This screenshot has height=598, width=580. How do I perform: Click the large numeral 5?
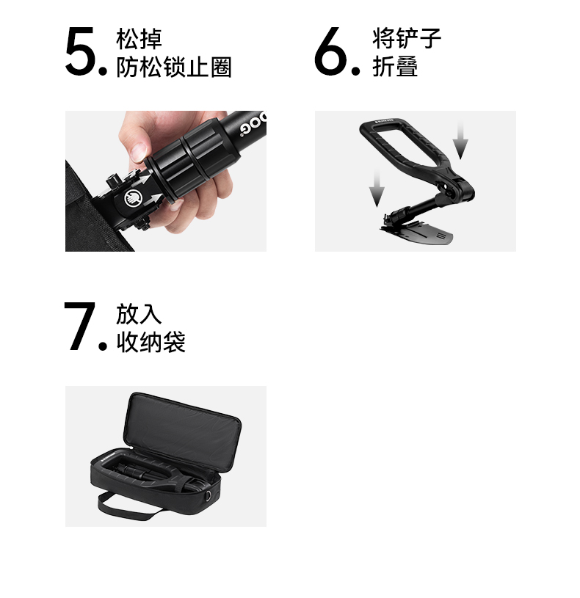(x=81, y=51)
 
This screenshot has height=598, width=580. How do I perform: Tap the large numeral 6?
(x=330, y=51)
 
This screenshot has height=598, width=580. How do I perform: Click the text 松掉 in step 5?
(x=139, y=38)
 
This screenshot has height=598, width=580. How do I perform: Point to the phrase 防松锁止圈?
(x=174, y=67)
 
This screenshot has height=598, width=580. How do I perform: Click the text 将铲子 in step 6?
(x=407, y=38)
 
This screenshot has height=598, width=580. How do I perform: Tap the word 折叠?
(x=395, y=67)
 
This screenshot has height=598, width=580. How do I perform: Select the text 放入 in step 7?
(x=139, y=313)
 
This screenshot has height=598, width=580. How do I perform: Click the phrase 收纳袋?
(x=151, y=342)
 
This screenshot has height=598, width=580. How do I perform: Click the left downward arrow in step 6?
(x=377, y=188)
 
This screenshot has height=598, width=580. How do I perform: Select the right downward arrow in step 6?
(x=460, y=139)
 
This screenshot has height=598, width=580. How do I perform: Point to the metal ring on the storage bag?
(x=208, y=496)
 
